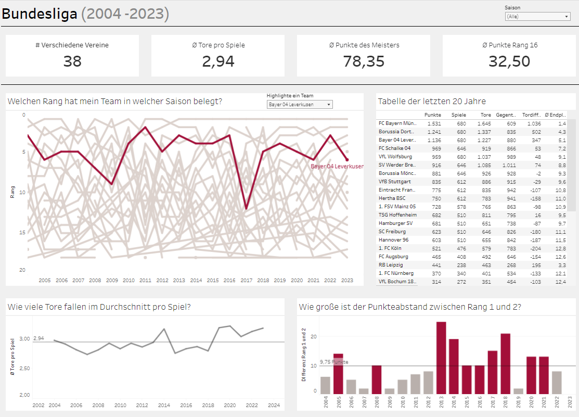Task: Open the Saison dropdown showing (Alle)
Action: [x=537, y=17]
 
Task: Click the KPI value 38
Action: [x=72, y=61]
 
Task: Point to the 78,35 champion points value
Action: [x=364, y=61]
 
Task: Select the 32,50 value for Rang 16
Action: [x=509, y=61]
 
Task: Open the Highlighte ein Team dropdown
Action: [x=300, y=105]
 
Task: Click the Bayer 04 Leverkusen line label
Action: [x=337, y=167]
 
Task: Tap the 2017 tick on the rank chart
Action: [x=246, y=280]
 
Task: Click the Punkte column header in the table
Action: [x=432, y=115]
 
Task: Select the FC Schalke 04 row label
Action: [x=395, y=148]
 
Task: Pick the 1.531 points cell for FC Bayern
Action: [x=433, y=123]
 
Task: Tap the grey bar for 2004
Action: [x=325, y=385]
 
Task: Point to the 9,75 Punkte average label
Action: [x=334, y=362]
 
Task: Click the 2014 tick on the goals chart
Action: [x=164, y=405]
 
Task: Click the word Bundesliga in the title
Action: [x=40, y=14]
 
